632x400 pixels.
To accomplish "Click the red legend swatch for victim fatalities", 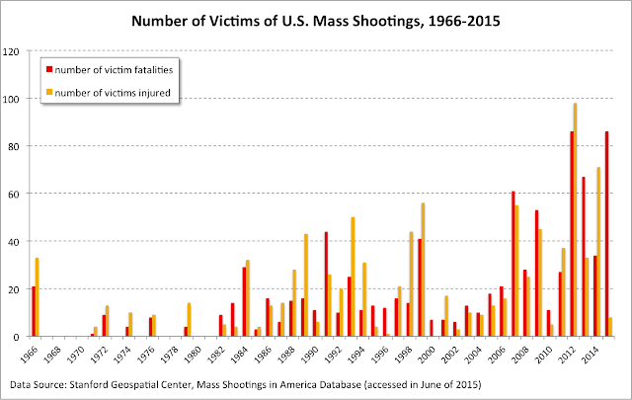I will click(x=48, y=69).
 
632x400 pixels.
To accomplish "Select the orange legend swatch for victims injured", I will click(x=48, y=93).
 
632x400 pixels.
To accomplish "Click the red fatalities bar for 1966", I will click(x=33, y=311).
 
